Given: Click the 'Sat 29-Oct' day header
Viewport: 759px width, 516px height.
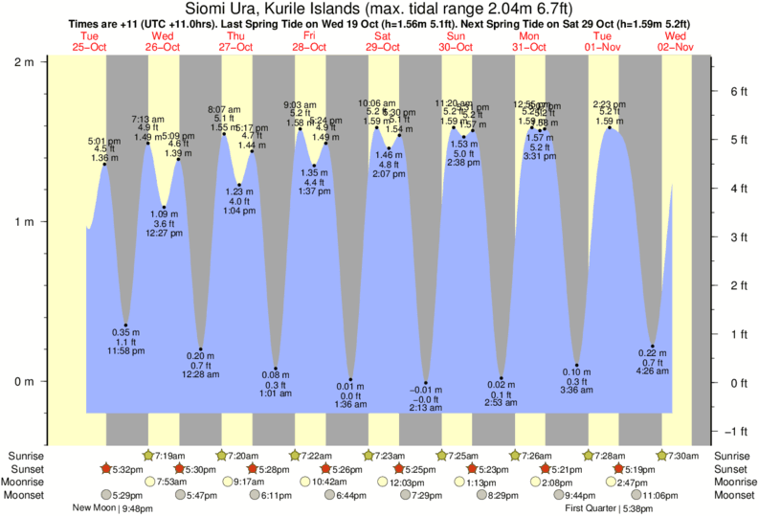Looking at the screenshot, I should pos(382,40).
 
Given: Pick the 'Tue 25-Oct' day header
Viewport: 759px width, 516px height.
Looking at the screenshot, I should pos(89,40).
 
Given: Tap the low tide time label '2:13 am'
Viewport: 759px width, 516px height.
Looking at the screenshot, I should pos(427,408).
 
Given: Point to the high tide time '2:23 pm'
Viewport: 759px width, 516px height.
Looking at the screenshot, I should pos(610,103).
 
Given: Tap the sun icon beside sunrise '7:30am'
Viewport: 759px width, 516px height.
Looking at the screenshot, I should pos(662,456).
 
